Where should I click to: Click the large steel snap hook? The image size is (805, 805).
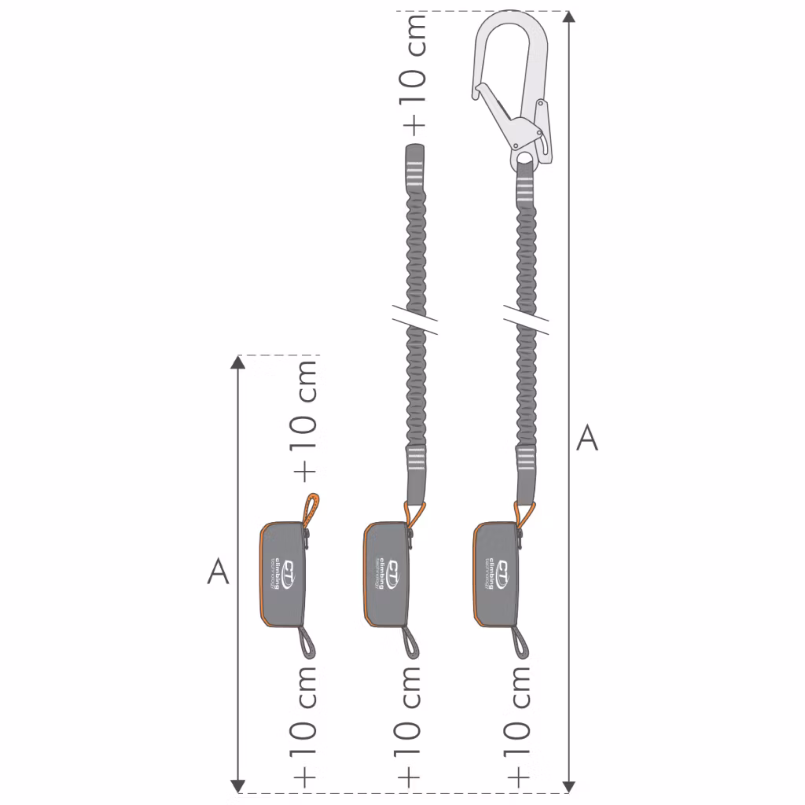click(511, 86)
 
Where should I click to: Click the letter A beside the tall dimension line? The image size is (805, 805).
click(587, 438)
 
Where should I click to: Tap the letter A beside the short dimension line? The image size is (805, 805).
click(218, 572)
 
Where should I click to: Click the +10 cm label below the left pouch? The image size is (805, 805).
click(304, 727)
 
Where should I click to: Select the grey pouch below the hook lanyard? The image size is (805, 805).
click(496, 574)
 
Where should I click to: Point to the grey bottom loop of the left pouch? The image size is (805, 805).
click(309, 643)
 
